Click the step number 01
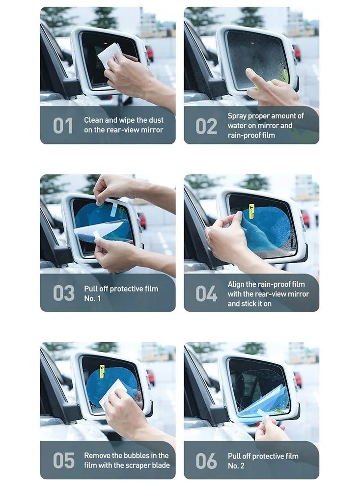click(x=63, y=126)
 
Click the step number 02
click(x=206, y=126)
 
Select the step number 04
click(x=206, y=294)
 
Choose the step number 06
click(x=206, y=461)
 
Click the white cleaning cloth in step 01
click(x=109, y=54)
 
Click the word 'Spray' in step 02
click(x=238, y=116)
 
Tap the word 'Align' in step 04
click(x=237, y=284)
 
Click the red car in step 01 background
click(x=150, y=53)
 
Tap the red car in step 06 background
click(x=298, y=379)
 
